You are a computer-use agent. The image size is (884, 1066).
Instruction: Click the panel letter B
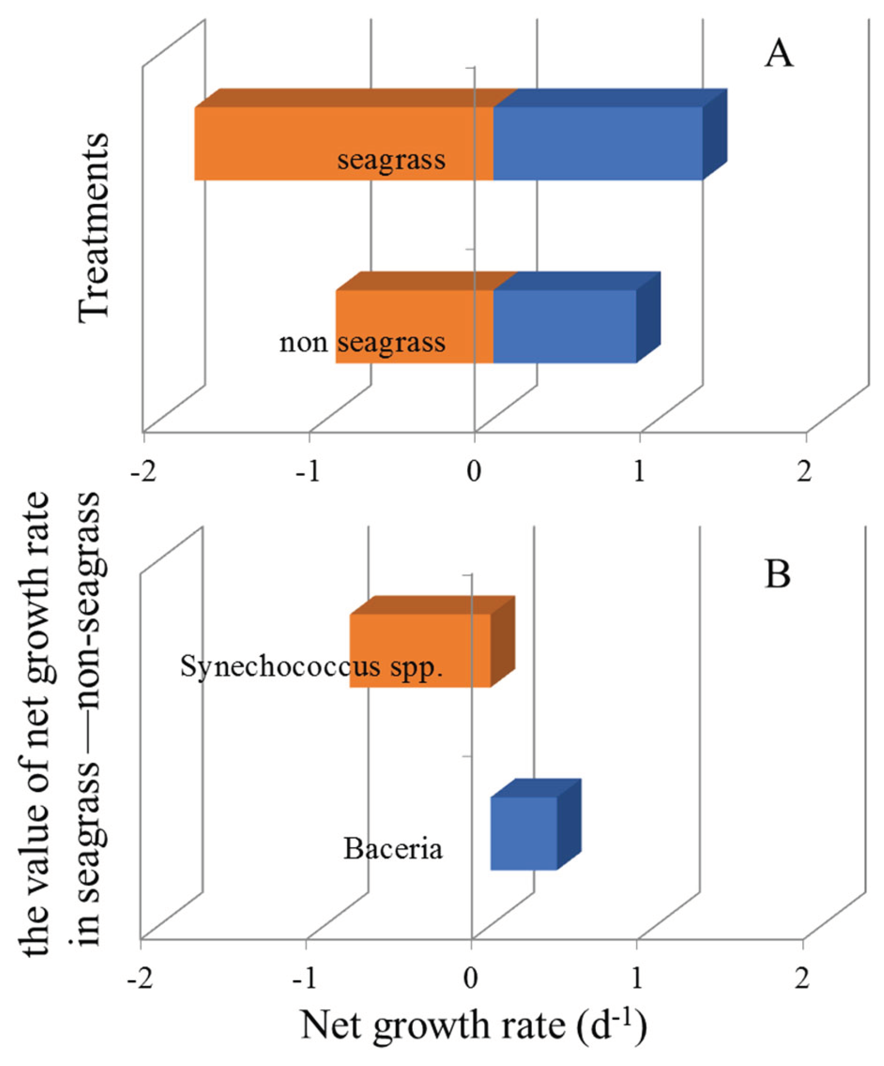(x=777, y=575)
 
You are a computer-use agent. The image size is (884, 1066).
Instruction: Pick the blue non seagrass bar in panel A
(x=563, y=326)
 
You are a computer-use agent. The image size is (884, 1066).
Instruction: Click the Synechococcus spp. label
(x=311, y=666)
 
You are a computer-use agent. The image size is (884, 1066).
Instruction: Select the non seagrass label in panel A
(x=362, y=343)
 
